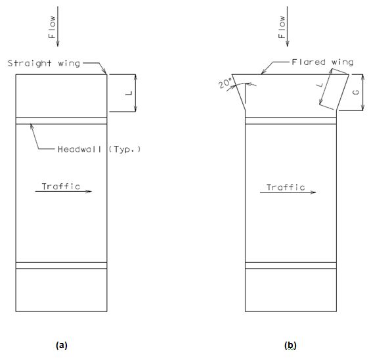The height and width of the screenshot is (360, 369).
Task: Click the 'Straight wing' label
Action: point(44,63)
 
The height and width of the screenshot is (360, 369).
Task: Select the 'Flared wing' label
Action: point(322,62)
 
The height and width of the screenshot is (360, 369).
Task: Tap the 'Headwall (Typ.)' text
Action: point(99,149)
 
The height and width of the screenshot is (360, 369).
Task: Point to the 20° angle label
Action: point(225,83)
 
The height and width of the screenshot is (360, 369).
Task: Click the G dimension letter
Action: point(357,92)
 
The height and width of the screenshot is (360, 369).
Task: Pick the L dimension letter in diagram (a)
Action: point(129,93)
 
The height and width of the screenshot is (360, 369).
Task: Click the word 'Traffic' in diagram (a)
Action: point(61,186)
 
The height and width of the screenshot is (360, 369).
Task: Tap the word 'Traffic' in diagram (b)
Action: point(286,187)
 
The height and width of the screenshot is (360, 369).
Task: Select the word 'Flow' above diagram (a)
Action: point(52,27)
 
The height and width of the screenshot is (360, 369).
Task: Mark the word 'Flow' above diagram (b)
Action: point(282,27)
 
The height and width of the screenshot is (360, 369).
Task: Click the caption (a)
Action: point(62,346)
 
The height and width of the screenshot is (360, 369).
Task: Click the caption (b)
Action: point(290,346)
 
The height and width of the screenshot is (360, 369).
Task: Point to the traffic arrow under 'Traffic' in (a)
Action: point(64,191)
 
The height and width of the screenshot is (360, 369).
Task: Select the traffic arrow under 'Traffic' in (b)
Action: point(288,192)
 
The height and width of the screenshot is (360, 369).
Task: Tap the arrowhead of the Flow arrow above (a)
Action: point(58,45)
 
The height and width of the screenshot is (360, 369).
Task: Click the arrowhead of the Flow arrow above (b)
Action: point(288,45)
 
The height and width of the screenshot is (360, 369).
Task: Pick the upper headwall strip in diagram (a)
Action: point(62,121)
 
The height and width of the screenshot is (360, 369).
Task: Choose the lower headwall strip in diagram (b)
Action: point(291,265)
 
